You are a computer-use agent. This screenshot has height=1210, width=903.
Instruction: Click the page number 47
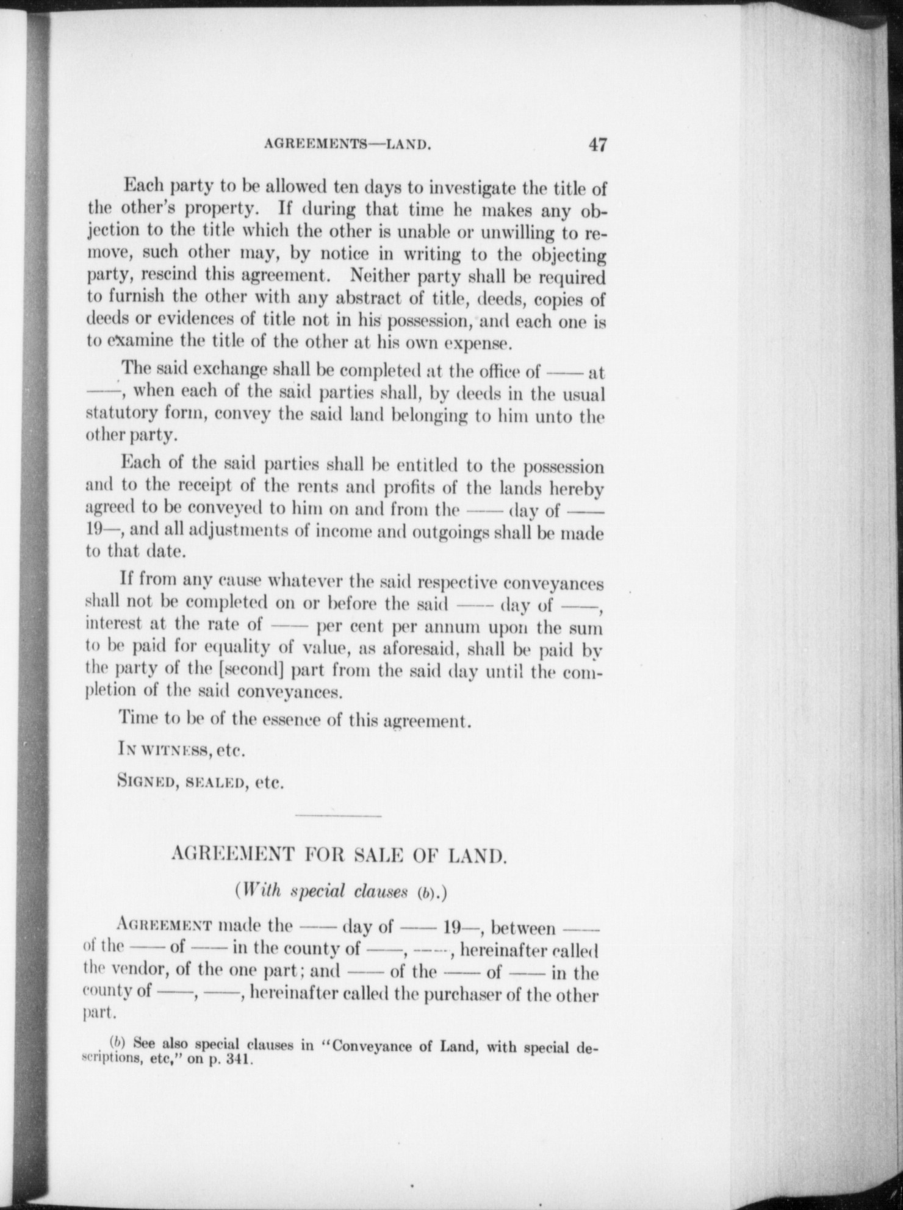[597, 146]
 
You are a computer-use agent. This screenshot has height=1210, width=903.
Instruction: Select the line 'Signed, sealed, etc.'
[201, 782]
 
